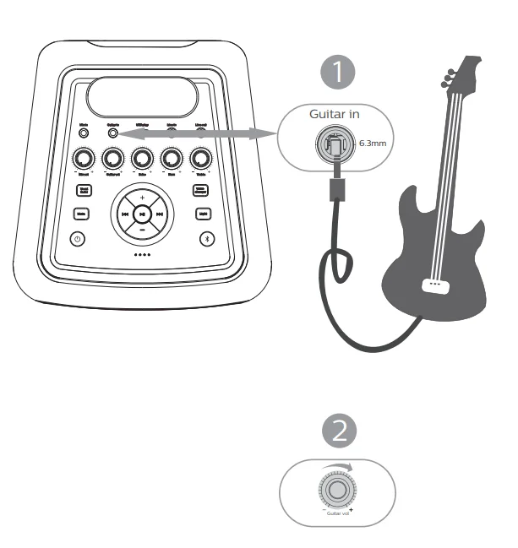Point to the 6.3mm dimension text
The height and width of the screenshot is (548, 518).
[x=374, y=144]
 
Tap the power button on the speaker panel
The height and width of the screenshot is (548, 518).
[x=79, y=239]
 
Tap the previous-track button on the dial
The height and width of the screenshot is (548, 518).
[x=125, y=214]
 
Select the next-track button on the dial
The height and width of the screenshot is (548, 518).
[x=159, y=214]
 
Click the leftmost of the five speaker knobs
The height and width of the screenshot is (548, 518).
[x=84, y=157]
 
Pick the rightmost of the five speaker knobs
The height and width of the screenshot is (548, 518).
[x=200, y=157]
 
